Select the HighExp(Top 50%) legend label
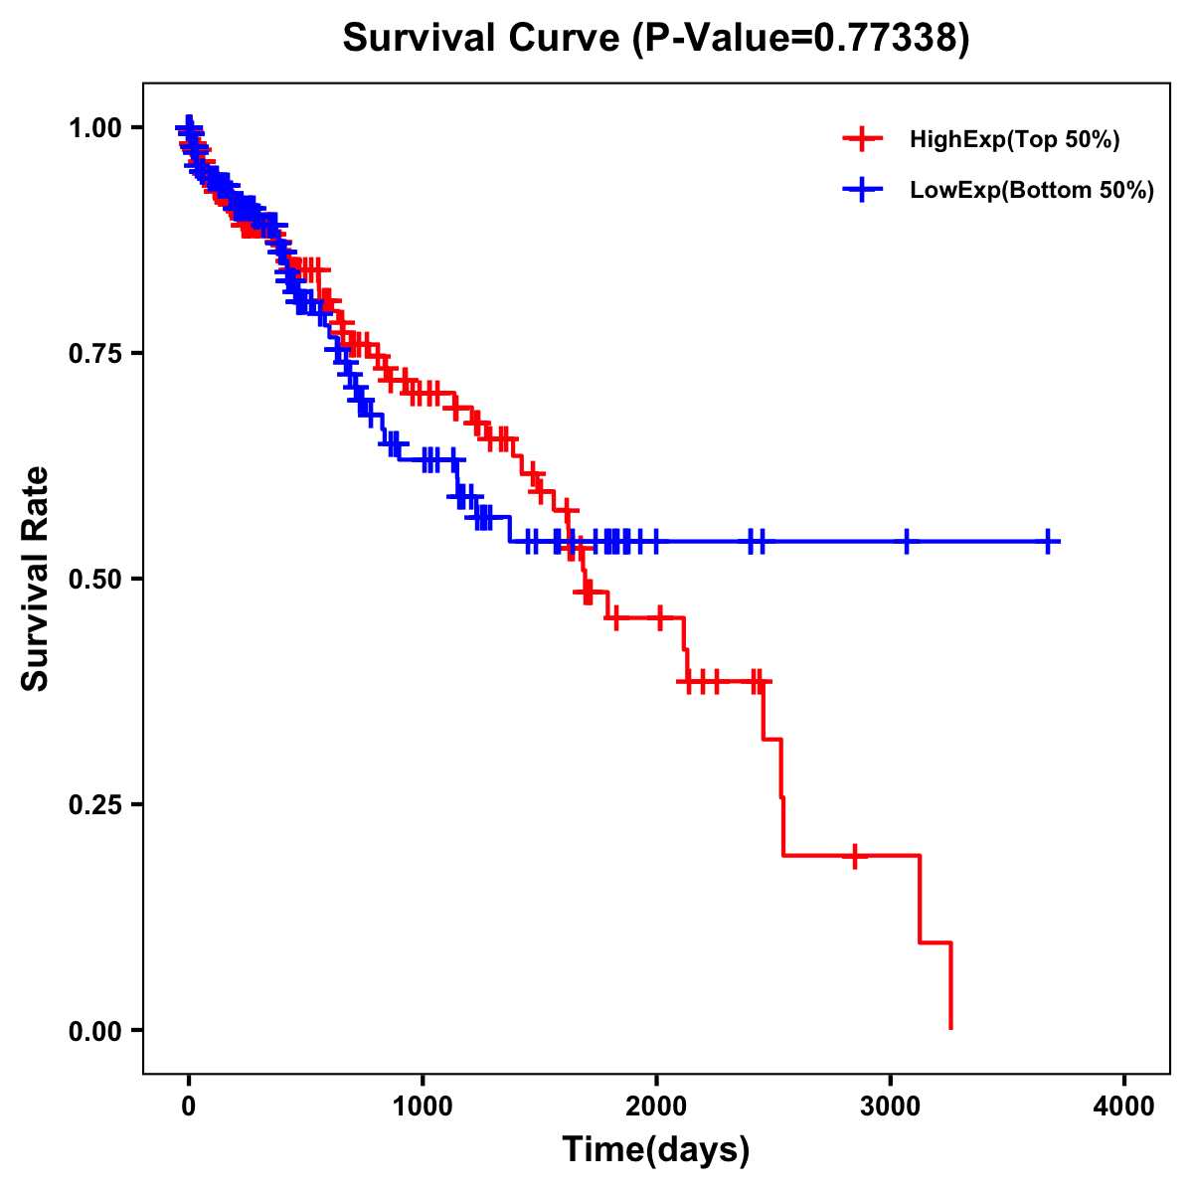[x=1014, y=140]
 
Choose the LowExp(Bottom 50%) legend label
[x=1032, y=191]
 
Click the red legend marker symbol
[x=862, y=139]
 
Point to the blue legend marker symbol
[x=862, y=190]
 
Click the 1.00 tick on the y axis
[x=94, y=128]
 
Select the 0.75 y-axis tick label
[x=94, y=354]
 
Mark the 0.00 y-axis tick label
[x=94, y=1031]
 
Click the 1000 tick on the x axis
[x=423, y=1107]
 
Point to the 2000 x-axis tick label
[x=656, y=1107]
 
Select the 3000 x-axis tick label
[x=891, y=1107]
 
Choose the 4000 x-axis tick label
[x=1124, y=1107]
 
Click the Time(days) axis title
[x=656, y=1150]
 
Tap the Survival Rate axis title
[x=36, y=579]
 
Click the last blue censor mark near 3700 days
[x=1048, y=542]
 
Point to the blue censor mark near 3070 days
[x=907, y=542]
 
